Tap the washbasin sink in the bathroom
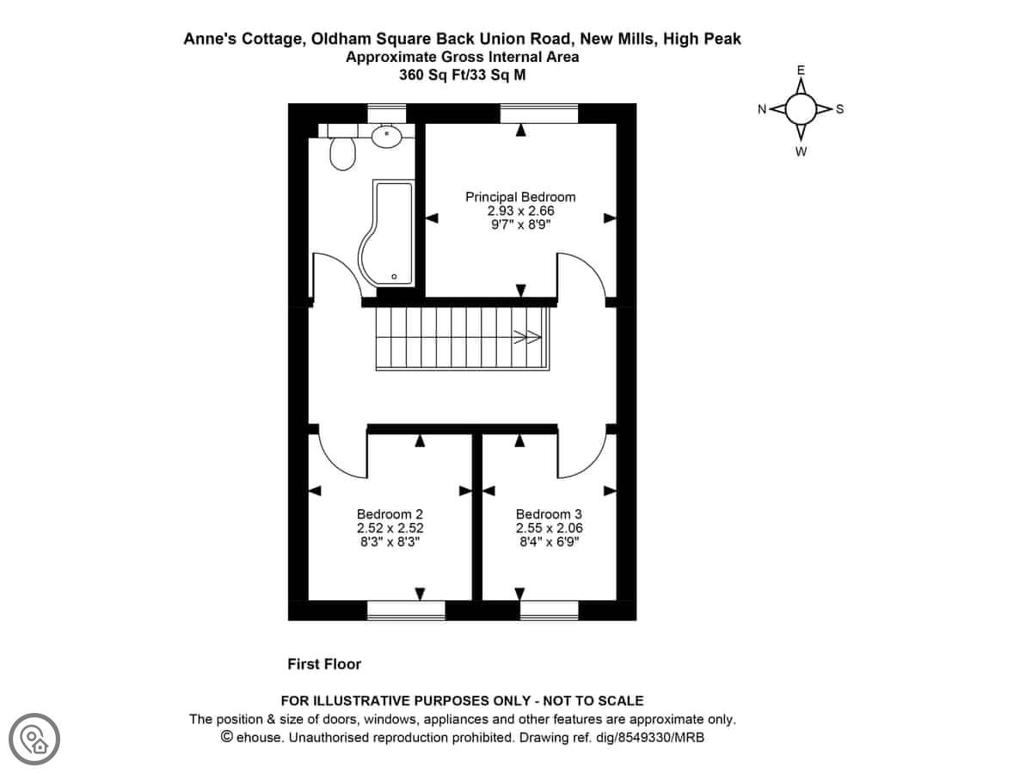click(386, 136)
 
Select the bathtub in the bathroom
click(386, 233)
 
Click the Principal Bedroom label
click(520, 197)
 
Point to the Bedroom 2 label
click(390, 514)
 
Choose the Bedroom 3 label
click(549, 514)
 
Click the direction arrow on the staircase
click(527, 337)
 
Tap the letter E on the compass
click(801, 71)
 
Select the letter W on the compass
click(801, 151)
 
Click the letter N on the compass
click(762, 109)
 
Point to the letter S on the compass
click(839, 109)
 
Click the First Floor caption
click(324, 664)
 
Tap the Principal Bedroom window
click(539, 114)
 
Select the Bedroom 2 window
click(406, 610)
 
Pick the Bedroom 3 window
click(550, 610)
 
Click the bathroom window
click(386, 114)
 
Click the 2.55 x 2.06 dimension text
click(550, 528)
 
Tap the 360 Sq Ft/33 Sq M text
click(462, 75)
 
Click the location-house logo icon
click(34, 740)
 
